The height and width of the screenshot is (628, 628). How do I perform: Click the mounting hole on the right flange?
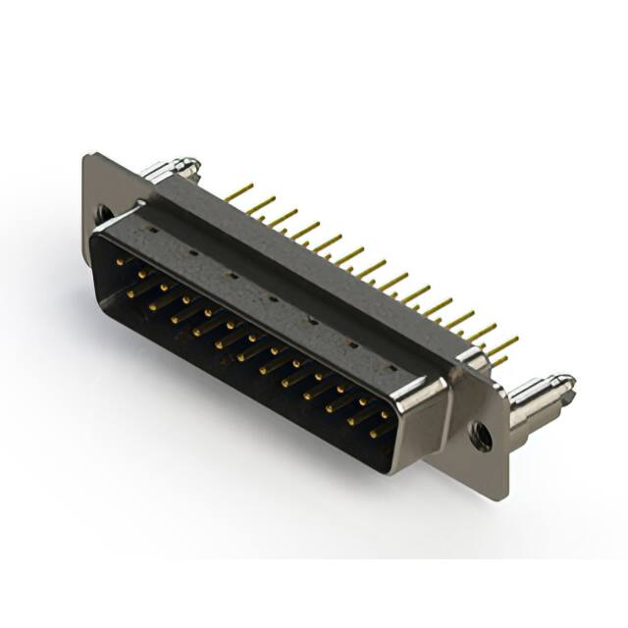481,433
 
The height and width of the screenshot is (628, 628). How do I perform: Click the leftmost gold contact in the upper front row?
122,262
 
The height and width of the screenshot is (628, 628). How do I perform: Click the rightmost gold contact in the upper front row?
385,404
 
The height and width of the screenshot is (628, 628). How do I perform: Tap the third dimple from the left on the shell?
231,275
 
